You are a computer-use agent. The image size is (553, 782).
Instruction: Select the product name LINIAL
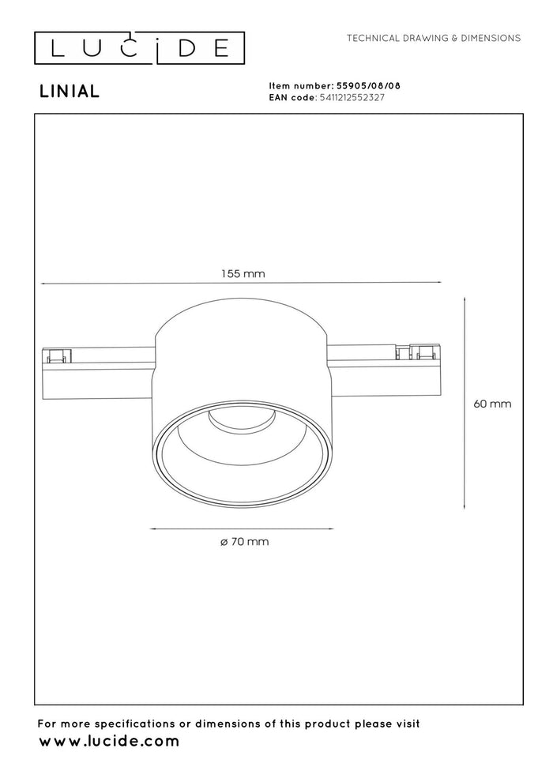[x=70, y=92]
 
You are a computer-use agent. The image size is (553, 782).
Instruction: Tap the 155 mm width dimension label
[x=243, y=274]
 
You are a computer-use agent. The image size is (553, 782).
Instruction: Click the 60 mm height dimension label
[x=492, y=404]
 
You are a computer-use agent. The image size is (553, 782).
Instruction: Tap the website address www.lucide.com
[x=109, y=742]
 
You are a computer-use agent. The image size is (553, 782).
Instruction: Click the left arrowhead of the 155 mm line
[x=43, y=284]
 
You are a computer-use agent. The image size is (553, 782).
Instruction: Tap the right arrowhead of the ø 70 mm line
[x=331, y=528]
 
